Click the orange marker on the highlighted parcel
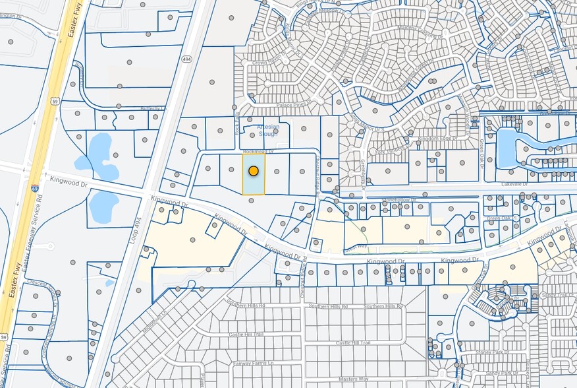pos(254,171)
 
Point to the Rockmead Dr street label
pos(258,151)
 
